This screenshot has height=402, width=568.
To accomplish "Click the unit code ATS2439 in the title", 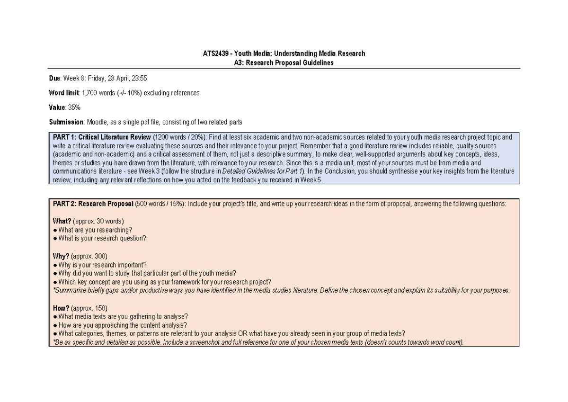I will (x=214, y=54).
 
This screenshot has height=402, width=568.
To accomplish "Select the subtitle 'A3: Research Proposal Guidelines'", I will (x=284, y=63).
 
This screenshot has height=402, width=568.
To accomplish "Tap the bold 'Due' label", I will (x=55, y=78).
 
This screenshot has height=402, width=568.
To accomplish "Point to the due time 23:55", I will (x=146, y=78).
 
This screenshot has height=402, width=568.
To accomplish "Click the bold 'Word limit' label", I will (x=64, y=93).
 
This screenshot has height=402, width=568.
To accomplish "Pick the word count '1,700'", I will (x=90, y=93).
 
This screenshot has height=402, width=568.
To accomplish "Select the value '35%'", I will (x=74, y=107).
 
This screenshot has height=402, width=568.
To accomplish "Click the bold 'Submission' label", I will (x=66, y=122).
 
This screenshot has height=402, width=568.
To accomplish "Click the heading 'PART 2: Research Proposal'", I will (x=93, y=204).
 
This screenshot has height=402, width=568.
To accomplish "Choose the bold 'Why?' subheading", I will (x=61, y=256).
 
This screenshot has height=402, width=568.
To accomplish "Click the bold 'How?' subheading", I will (x=61, y=308).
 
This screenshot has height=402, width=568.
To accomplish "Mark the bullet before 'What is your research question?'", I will (x=55, y=239).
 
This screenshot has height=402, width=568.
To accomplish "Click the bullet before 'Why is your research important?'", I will (x=55, y=265).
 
